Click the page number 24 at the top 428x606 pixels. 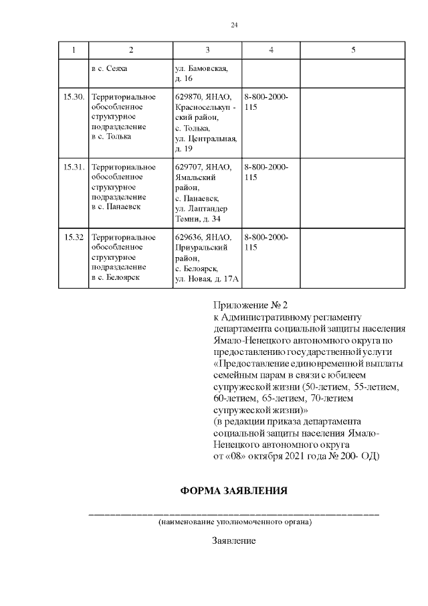(x=234, y=25)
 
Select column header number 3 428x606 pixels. (x=207, y=50)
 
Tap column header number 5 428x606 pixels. (x=353, y=50)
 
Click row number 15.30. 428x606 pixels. (x=74, y=97)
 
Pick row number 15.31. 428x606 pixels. (x=74, y=167)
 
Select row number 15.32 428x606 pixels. (x=74, y=237)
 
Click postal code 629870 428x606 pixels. (x=189, y=97)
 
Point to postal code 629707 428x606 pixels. (x=189, y=167)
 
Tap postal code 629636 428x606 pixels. (x=189, y=237)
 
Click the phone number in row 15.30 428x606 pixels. (x=267, y=102)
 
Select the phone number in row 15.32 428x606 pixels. (x=267, y=242)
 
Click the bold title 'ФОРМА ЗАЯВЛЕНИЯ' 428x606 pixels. (x=234, y=491)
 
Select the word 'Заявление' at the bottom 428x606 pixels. (x=234, y=540)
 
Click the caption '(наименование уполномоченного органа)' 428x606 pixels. (x=234, y=521)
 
